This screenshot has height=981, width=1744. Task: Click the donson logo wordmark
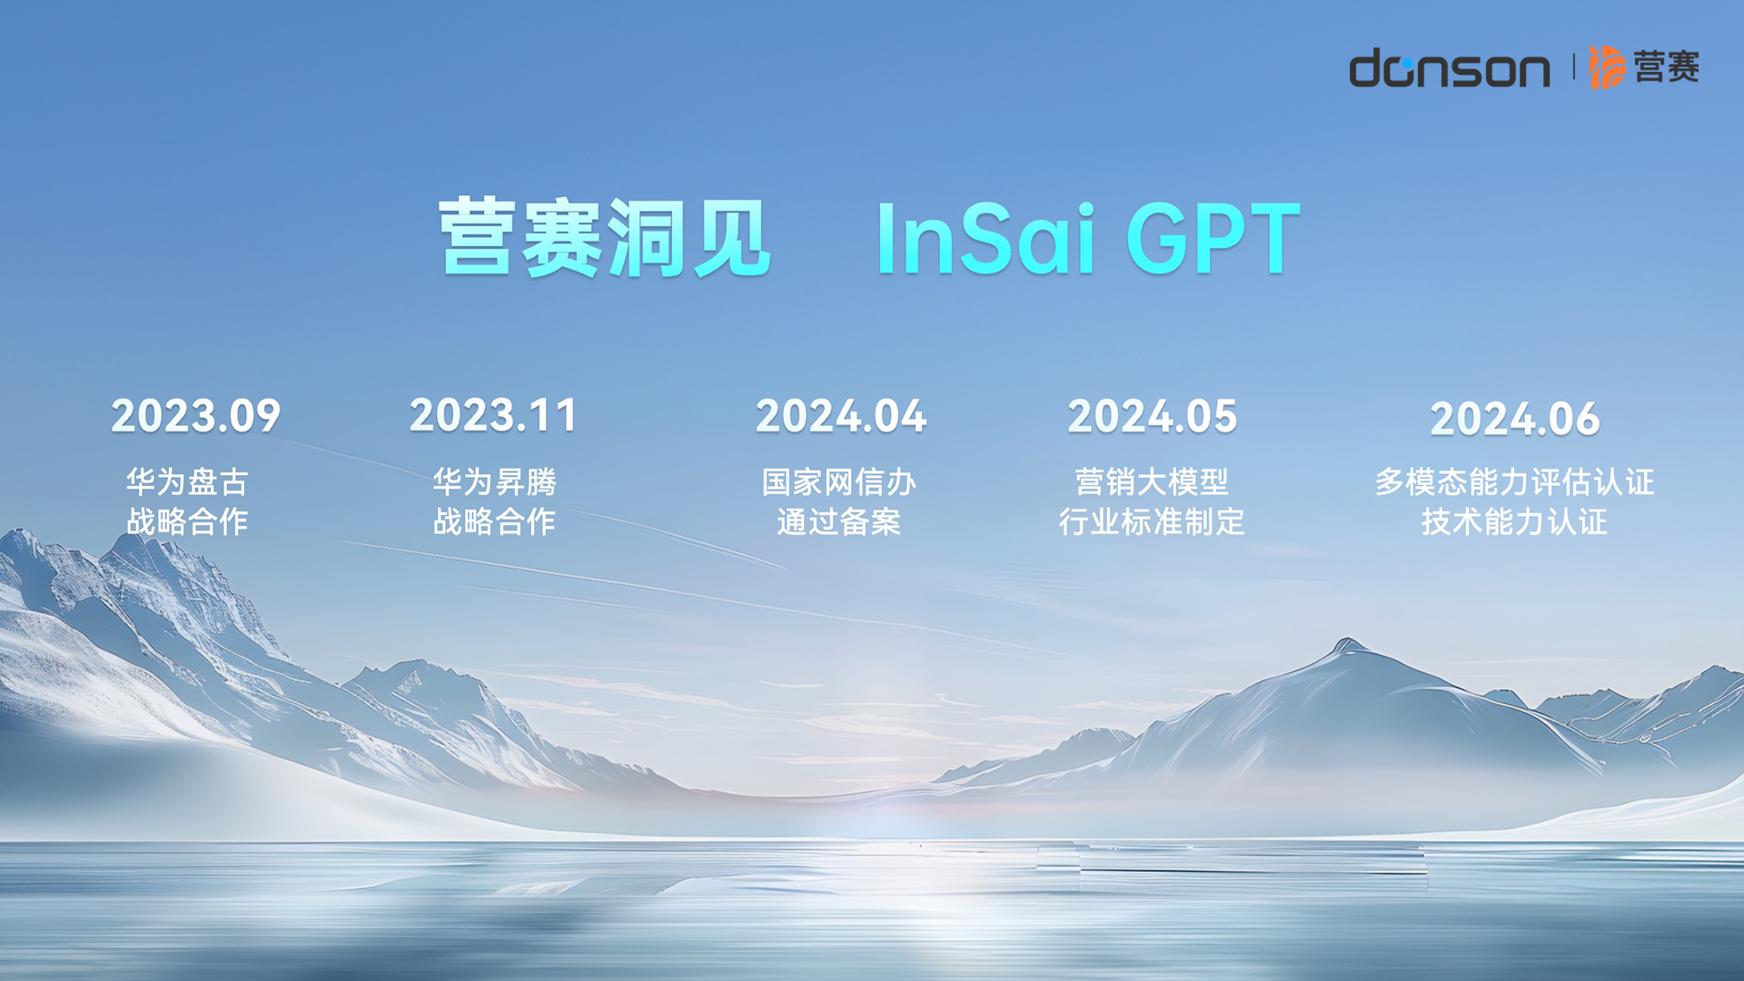[1450, 68]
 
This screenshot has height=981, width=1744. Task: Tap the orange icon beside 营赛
[1606, 66]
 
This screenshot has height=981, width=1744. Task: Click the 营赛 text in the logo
[1667, 66]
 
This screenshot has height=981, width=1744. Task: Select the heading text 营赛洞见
[605, 238]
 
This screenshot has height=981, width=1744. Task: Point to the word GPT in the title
[1214, 238]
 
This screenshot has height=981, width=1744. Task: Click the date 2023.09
[196, 416]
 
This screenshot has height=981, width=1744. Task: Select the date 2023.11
[494, 415]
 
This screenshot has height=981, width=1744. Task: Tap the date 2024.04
[841, 416]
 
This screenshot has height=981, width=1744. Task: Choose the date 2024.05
[1153, 416]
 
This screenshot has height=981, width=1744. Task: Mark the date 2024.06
[1515, 419]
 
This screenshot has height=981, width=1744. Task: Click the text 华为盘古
[187, 481]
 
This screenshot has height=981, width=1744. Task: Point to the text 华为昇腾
[494, 481]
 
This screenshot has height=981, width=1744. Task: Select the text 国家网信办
[839, 481]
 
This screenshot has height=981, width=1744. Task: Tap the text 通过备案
[839, 521]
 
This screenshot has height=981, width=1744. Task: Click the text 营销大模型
[1152, 481]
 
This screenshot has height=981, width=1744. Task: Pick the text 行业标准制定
[1152, 521]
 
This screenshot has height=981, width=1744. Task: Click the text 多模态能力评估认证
[1515, 481]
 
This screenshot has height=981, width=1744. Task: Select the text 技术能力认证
[1515, 521]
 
